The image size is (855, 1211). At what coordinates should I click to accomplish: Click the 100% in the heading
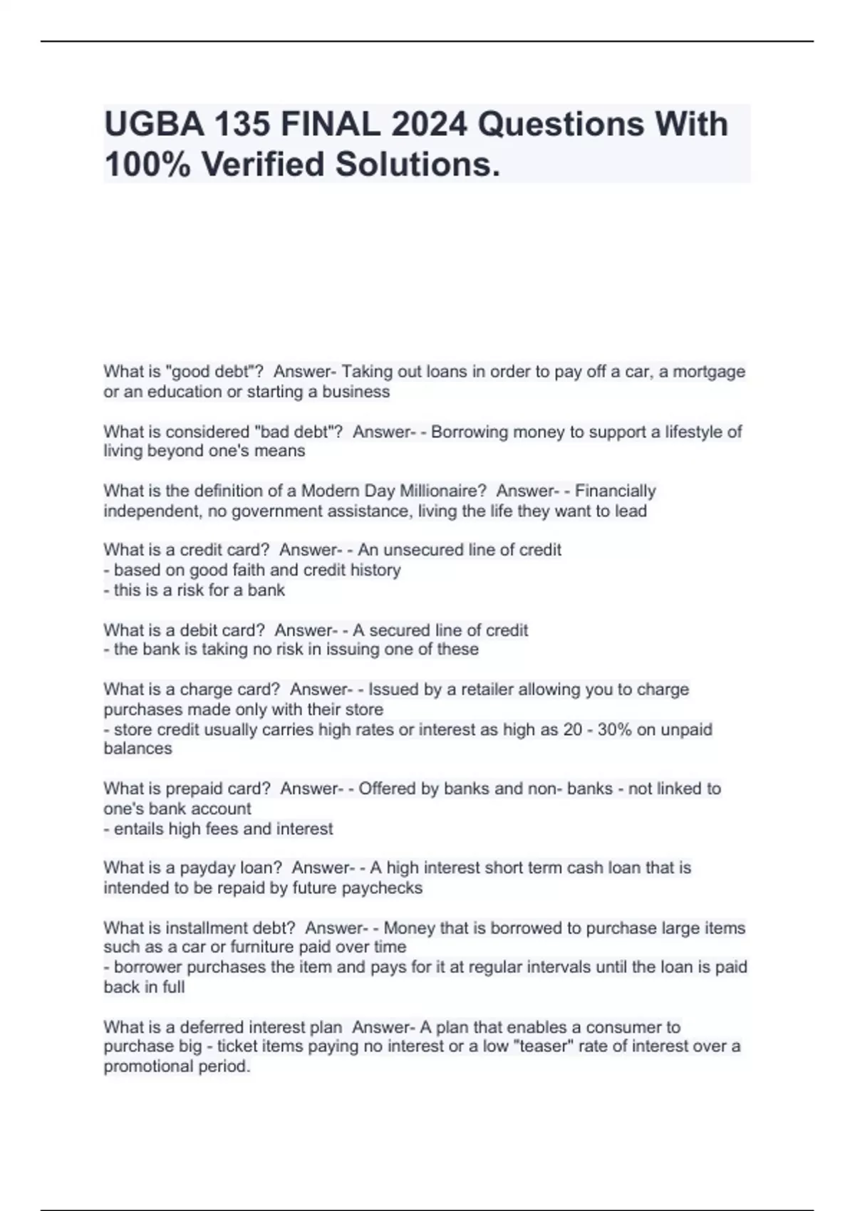(x=147, y=164)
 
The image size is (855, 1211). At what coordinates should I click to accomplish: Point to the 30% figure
(x=615, y=729)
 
